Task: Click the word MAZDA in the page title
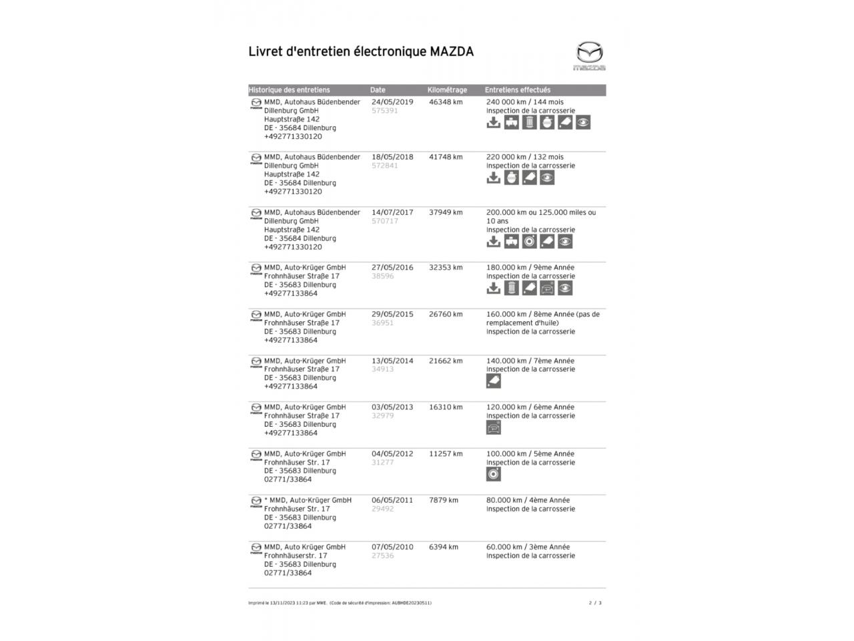[452, 51]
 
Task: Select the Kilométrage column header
[447, 90]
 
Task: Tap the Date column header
[378, 90]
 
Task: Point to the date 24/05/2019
[392, 102]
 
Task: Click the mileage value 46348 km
[446, 102]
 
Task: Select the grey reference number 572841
[384, 166]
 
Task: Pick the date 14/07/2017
[392, 212]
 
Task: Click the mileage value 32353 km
[446, 267]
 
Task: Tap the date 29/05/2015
[392, 314]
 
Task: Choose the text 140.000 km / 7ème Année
[530, 361]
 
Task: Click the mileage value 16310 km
[446, 407]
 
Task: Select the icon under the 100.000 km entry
[494, 474]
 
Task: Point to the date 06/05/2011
[392, 500]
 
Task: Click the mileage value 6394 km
[444, 547]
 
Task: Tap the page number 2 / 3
[595, 603]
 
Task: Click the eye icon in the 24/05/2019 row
[583, 123]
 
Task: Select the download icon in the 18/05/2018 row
[493, 178]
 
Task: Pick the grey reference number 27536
[382, 556]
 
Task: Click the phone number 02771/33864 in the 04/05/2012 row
[288, 479]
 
